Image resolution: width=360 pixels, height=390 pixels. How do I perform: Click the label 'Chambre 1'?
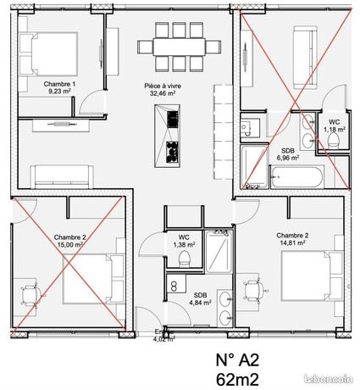[60, 85]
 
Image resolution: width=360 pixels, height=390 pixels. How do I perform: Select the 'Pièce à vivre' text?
[163, 86]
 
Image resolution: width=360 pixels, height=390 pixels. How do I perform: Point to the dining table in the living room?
[174, 47]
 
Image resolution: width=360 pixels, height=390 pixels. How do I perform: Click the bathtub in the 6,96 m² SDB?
[296, 178]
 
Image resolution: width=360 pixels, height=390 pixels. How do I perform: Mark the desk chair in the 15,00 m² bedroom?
[31, 293]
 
